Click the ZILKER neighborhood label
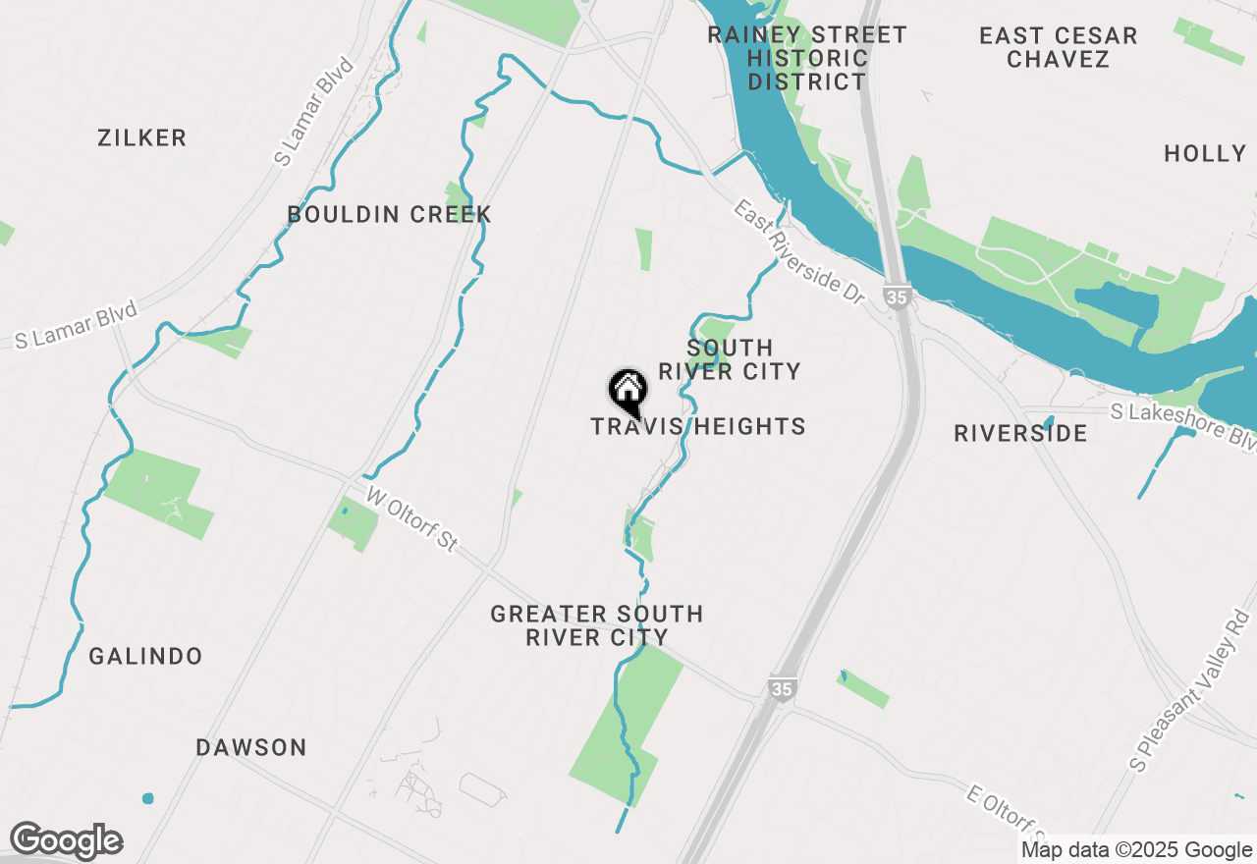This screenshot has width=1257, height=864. pos(142,138)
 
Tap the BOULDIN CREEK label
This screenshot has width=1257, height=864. pos(389,214)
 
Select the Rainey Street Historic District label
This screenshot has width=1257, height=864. pos(807,59)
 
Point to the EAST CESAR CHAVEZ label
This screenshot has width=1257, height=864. pos(1058,47)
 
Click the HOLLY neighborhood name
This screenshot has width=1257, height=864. pos(1205,154)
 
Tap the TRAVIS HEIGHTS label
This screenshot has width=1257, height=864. pos(698,427)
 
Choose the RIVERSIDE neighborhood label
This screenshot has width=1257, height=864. pos(1020,434)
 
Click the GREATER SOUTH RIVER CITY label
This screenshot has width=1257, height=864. pos(596,625)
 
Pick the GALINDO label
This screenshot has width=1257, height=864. pos(145,657)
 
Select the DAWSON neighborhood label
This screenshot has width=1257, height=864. pos(251,748)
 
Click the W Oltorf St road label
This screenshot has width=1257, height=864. pos(412,518)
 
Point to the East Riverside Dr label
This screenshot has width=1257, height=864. pos(802,251)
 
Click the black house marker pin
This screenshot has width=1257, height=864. pos(628,391)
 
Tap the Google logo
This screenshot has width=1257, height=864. pos(66,841)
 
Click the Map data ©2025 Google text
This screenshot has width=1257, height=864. pos(1136,850)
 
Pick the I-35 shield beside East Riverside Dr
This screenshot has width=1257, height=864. pos(895,296)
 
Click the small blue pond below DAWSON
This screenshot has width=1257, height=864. pos(148,798)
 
